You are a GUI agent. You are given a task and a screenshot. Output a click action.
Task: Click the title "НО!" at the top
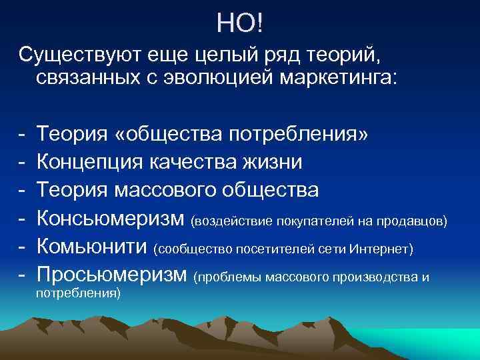240,24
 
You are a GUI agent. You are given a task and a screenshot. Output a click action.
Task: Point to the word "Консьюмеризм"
111,219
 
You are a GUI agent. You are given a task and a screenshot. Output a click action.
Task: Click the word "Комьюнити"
92,247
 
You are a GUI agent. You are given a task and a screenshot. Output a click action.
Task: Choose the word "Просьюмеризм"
113,275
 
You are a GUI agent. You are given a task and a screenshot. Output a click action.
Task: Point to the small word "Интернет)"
386,249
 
